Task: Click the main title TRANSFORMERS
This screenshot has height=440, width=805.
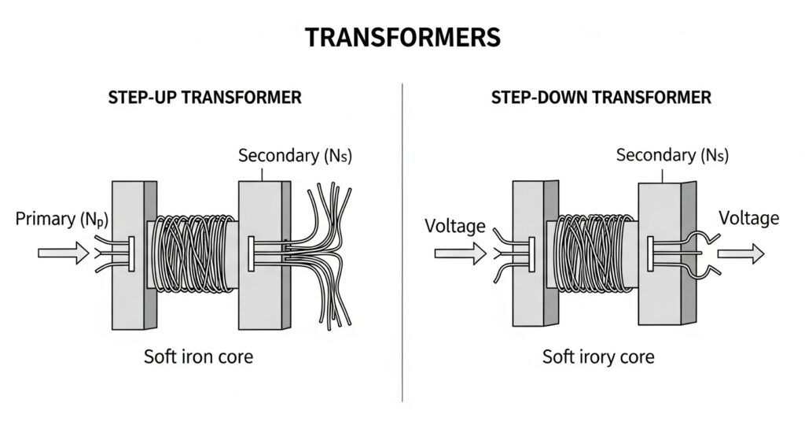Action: [402, 38]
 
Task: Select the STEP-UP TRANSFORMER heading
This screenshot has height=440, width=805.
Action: [204, 98]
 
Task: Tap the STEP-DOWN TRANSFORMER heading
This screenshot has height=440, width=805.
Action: [601, 98]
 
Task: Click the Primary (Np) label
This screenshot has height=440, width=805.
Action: [60, 220]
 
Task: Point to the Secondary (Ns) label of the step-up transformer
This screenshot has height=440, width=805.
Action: [295, 156]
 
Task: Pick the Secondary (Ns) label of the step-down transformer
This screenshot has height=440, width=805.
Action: [667, 155]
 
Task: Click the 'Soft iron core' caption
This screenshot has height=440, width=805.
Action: [198, 357]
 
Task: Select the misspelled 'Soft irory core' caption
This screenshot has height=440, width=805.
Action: [598, 357]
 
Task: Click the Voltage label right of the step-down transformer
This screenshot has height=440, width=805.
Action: [749, 218]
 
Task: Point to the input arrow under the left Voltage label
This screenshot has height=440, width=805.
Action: [455, 253]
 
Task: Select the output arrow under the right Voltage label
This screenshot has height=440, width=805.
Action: [740, 253]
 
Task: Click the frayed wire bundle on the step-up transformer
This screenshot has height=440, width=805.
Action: [322, 252]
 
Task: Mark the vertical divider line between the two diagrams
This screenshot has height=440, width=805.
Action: [402, 236]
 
